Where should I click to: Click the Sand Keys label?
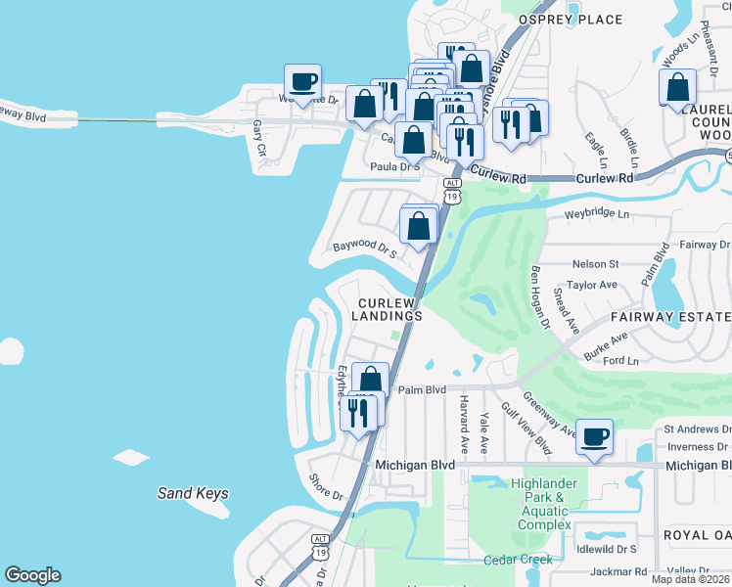click(x=193, y=493)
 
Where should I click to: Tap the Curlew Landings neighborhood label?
click(x=389, y=310)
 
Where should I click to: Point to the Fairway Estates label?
click(x=671, y=317)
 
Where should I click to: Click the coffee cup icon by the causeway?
click(x=302, y=81)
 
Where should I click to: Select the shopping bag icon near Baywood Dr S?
click(x=418, y=226)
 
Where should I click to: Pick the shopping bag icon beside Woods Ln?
click(x=677, y=87)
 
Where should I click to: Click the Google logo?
click(x=32, y=575)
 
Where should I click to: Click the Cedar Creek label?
click(x=518, y=560)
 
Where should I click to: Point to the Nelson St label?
click(x=596, y=264)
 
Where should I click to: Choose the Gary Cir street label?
click(x=259, y=138)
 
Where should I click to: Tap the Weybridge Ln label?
click(x=597, y=213)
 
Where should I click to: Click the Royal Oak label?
click(x=697, y=535)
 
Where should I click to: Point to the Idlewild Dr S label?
click(x=607, y=550)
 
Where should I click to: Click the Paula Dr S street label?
click(x=394, y=167)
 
